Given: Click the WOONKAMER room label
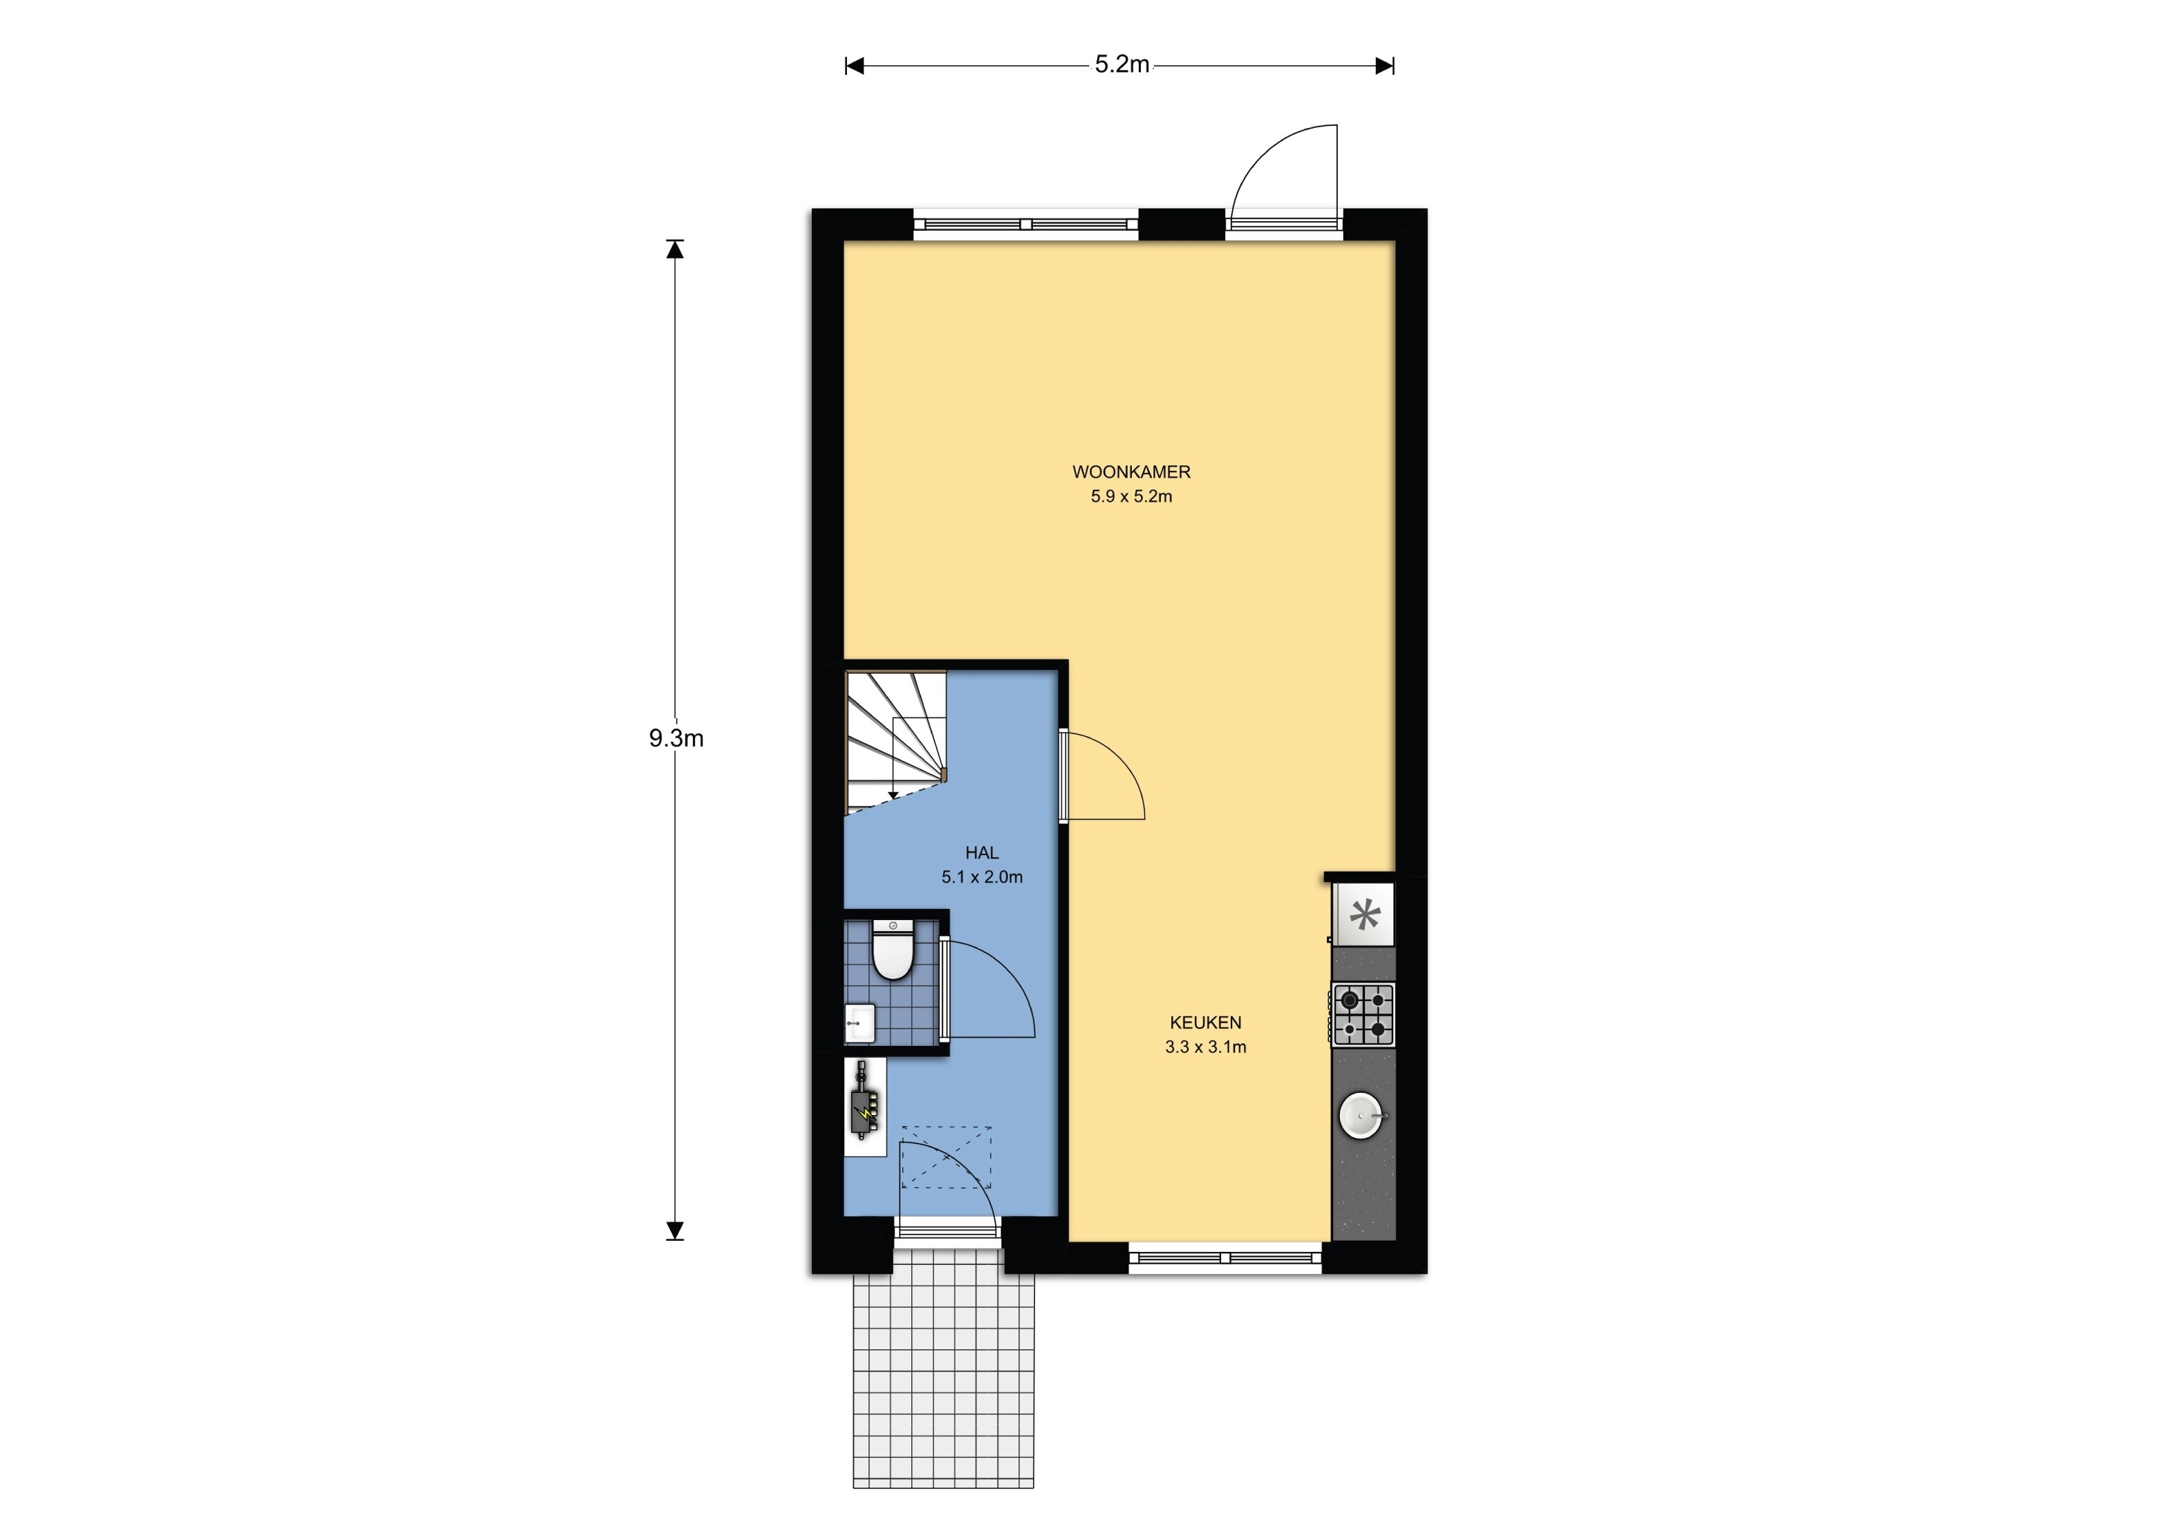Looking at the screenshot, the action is pyautogui.click(x=1131, y=471).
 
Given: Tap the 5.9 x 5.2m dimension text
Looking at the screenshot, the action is pyautogui.click(x=1131, y=496).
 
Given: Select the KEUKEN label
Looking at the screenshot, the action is pyautogui.click(x=1204, y=1023).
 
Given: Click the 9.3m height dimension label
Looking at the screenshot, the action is pyautogui.click(x=676, y=739).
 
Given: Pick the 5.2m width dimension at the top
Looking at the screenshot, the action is pyautogui.click(x=1121, y=64).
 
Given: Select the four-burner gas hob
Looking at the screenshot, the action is pyautogui.click(x=1363, y=1014).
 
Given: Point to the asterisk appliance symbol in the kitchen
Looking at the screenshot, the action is pyautogui.click(x=1364, y=915).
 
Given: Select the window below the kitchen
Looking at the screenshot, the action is pyautogui.click(x=1226, y=1257).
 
